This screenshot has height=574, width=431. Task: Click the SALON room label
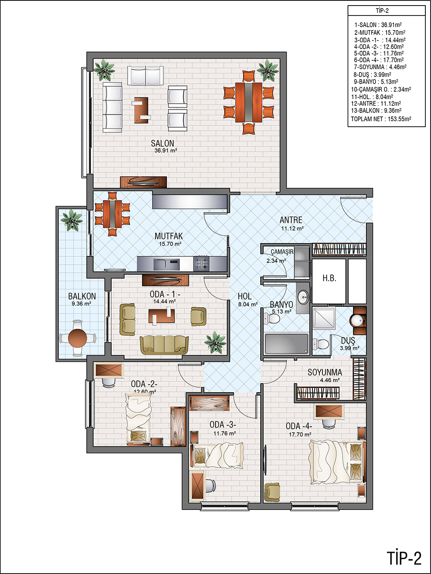[x=162, y=143]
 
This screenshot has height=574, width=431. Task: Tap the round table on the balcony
[x=78, y=338]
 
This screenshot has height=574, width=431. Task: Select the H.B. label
[x=329, y=278]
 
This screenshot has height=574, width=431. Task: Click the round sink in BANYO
[x=303, y=297]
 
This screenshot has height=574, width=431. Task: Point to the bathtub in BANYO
[x=286, y=343]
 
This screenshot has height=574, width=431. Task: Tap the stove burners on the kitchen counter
[x=201, y=263]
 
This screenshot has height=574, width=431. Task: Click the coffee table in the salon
[x=141, y=110]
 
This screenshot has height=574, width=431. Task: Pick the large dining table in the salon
[x=248, y=102]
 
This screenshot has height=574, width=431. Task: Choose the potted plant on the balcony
[x=72, y=220]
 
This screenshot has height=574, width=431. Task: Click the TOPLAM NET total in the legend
[x=381, y=119]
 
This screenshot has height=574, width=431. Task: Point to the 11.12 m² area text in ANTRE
[x=292, y=228]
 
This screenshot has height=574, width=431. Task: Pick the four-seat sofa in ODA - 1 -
[x=165, y=345]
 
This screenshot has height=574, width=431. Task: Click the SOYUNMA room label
[x=325, y=372]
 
